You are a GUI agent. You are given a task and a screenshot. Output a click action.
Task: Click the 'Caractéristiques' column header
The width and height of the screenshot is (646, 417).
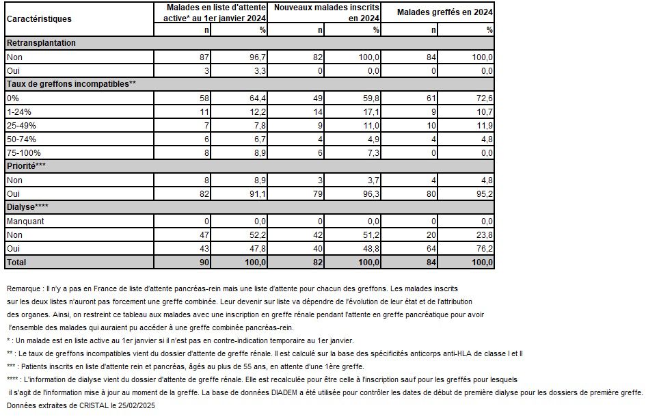point(39,19)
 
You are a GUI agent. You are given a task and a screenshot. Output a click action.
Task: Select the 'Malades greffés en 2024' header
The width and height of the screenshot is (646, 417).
point(445,12)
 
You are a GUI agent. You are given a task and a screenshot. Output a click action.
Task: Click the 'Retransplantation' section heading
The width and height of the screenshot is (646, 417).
point(41,43)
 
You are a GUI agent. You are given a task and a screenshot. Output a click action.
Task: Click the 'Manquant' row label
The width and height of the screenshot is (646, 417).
point(25,221)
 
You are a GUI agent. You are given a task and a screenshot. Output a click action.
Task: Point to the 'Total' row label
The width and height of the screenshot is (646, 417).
point(17,262)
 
